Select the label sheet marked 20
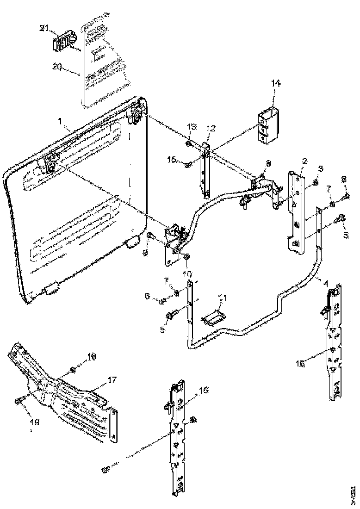point(104,62)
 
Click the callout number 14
point(275,83)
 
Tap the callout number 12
point(211,128)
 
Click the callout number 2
point(304,161)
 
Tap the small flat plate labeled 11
point(212,318)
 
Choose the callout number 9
point(145,253)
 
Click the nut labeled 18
point(73,369)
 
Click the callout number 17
point(112,379)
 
